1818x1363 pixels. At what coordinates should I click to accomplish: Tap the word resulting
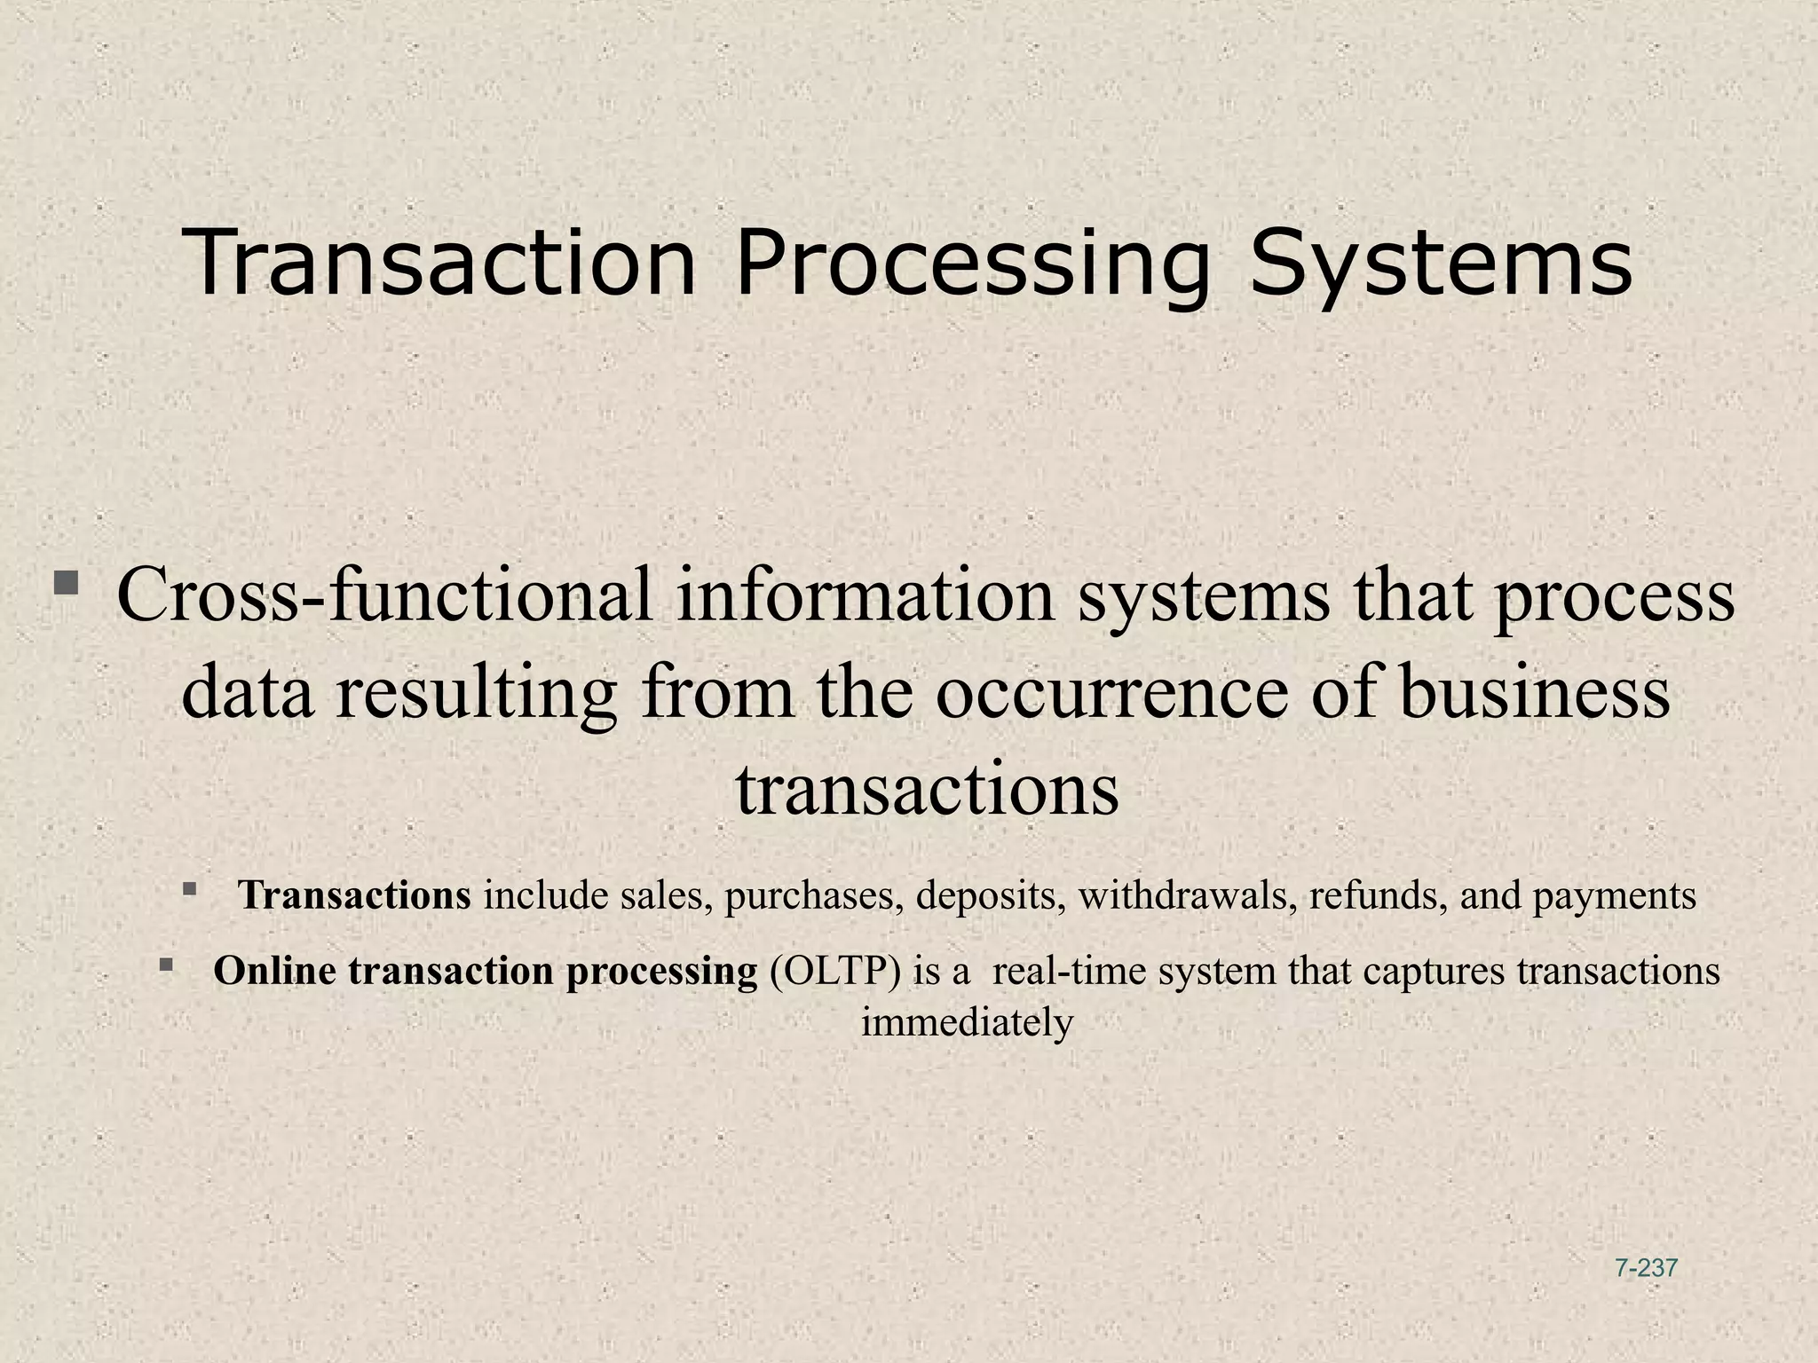tap(476, 693)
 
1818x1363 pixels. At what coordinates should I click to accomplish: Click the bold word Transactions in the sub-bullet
tap(354, 895)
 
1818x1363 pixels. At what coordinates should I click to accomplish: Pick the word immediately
tap(967, 1023)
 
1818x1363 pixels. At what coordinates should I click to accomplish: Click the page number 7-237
tap(1647, 1268)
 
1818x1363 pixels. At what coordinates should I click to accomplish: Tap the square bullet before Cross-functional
tap(66, 584)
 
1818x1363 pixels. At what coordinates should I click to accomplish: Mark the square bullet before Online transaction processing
tap(166, 964)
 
